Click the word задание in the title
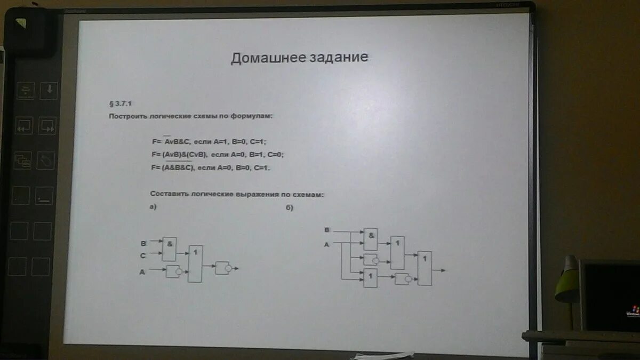[339, 58]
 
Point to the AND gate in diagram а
[169, 249]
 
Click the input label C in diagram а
[142, 256]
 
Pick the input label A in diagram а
[142, 271]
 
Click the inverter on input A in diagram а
[174, 271]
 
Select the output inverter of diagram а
[222, 268]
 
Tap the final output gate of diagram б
[425, 268]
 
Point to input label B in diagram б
[327, 230]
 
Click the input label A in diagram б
[327, 244]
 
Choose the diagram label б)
[290, 208]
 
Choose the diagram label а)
[153, 208]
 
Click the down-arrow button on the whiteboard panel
[49, 90]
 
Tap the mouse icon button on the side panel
[46, 160]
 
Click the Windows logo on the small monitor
[635, 309]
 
